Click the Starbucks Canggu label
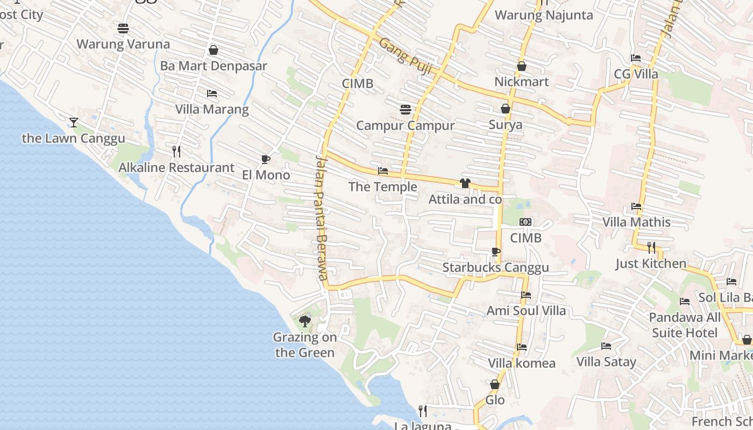tap(495, 268)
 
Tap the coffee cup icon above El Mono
tap(265, 159)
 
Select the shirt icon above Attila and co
tap(465, 183)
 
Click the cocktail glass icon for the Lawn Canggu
tap(74, 123)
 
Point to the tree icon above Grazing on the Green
tap(305, 321)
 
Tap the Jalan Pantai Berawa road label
tap(321, 218)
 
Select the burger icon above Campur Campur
tap(406, 110)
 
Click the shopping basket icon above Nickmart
tap(521, 66)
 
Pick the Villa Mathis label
tap(636, 222)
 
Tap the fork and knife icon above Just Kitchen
tap(651, 247)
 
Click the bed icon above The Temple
tap(383, 171)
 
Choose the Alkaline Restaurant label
tap(176, 168)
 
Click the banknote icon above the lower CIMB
tap(525, 222)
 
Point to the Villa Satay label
tap(606, 362)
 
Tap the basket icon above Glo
tap(495, 384)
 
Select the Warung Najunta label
tap(544, 15)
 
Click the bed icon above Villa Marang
tap(212, 94)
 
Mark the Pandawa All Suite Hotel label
tap(685, 325)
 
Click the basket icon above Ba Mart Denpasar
tap(214, 50)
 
